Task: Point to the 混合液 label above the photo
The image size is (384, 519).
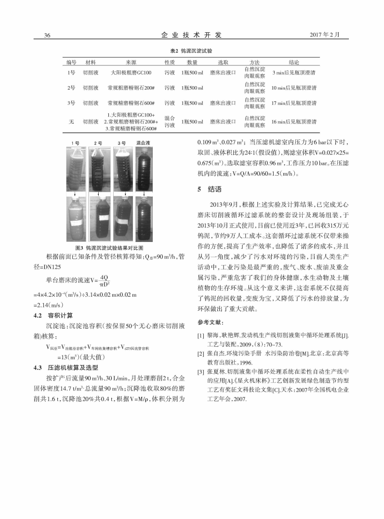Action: tap(143, 143)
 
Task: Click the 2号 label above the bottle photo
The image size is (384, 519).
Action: tap(98, 143)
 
